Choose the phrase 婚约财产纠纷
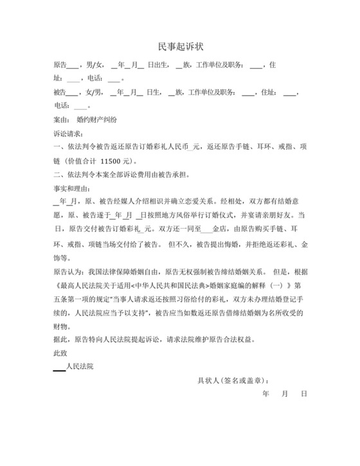(x=96, y=120)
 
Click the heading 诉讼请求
(x=67, y=134)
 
